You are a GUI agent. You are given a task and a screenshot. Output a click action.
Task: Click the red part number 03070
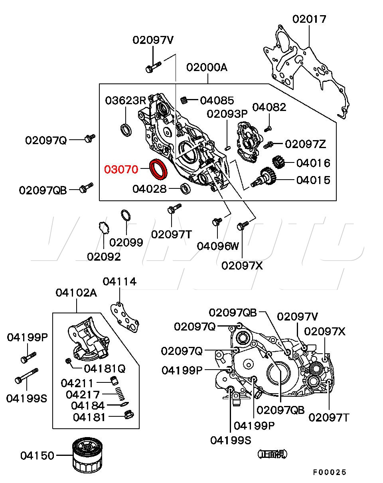click(121, 170)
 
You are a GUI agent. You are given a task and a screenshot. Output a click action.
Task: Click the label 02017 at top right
click(309, 19)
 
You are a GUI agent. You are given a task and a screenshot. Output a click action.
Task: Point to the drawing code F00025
click(329, 473)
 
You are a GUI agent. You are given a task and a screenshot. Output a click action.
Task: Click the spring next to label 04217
click(119, 394)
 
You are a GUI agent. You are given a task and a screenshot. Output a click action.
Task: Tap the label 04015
click(313, 180)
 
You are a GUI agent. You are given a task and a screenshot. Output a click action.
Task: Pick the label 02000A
click(207, 67)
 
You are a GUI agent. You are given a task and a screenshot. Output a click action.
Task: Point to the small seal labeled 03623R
click(126, 130)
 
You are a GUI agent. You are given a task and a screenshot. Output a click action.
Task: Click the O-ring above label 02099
click(126, 216)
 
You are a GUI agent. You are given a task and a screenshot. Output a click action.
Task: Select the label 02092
click(104, 257)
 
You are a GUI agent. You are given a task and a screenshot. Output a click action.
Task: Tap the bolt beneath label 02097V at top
click(153, 67)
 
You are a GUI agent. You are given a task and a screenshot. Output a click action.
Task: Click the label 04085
click(217, 101)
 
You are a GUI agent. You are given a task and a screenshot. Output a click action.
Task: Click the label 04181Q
click(105, 368)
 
